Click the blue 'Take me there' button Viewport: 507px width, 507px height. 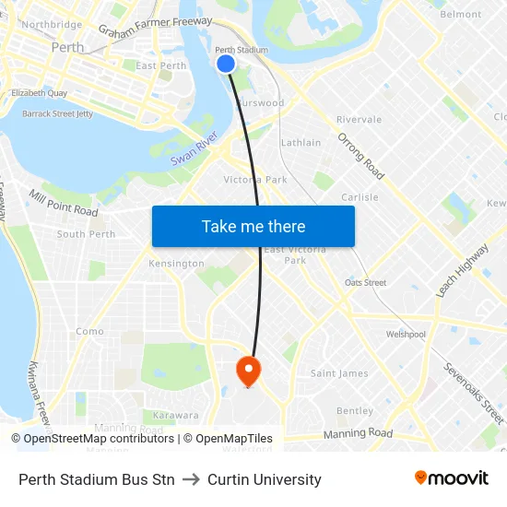[253, 226]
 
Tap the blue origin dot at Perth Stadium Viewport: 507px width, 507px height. [226, 63]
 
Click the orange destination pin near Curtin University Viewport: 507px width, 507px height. [249, 371]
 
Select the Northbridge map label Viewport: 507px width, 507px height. [52, 25]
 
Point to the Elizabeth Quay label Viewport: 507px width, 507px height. [39, 93]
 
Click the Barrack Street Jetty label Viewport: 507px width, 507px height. [58, 113]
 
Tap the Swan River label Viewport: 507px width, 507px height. [195, 149]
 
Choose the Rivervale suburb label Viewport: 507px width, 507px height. [359, 120]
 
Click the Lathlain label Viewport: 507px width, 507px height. [301, 143]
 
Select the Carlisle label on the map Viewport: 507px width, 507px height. [360, 197]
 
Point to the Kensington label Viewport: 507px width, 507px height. [176, 264]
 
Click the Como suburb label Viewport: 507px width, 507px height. [89, 332]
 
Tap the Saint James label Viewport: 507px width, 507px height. [339, 373]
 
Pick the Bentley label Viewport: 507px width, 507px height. [355, 411]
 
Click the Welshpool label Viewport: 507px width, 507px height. [406, 335]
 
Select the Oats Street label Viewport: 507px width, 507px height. [365, 283]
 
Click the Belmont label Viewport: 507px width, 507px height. [461, 15]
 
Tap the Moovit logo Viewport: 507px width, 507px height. [451, 478]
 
